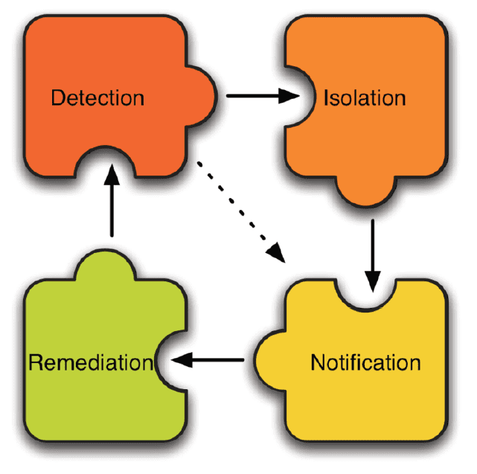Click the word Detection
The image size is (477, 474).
[97, 97]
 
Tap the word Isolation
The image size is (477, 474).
[365, 97]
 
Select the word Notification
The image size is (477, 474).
[365, 363]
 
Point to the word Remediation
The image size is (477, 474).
[89, 363]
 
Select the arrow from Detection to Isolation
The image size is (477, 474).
[260, 95]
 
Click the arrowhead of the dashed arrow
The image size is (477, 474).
[279, 253]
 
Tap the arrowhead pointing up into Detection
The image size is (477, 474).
[112, 176]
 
